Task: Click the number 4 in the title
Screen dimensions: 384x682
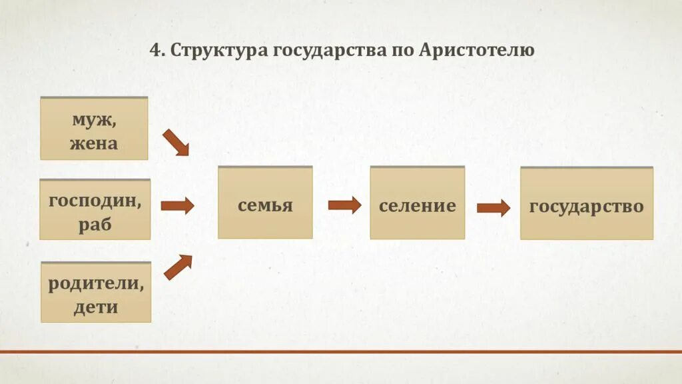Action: (x=155, y=51)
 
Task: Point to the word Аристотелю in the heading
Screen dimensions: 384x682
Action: (x=477, y=51)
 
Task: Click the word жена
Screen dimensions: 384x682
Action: (x=94, y=143)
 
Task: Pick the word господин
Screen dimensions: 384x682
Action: (x=95, y=201)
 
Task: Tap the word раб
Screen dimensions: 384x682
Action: (x=95, y=224)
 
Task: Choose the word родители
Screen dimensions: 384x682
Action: (x=96, y=283)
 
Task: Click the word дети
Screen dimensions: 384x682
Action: (x=96, y=307)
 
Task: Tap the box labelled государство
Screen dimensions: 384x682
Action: (x=587, y=204)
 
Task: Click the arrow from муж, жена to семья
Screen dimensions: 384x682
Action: (x=176, y=143)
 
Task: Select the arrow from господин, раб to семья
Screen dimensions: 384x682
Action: (x=177, y=205)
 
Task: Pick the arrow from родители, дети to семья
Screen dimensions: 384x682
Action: (x=178, y=267)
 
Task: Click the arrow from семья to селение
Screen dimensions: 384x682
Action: (x=344, y=205)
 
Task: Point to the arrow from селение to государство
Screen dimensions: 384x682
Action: (x=494, y=208)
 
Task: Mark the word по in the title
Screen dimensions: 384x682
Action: (x=402, y=51)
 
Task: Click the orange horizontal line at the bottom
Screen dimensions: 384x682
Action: (x=341, y=351)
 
